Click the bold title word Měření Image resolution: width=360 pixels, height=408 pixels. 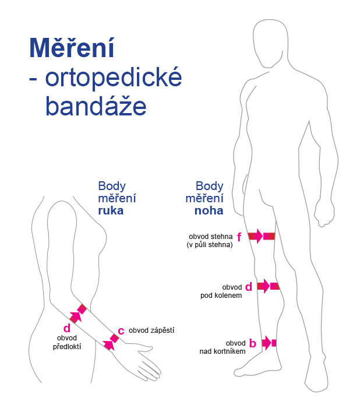point(71,49)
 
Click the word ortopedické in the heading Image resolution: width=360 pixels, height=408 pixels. point(112,80)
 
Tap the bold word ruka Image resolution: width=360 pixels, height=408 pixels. point(111,211)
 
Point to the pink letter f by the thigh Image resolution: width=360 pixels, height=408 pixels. point(239,236)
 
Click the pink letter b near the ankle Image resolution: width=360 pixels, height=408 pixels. point(252,343)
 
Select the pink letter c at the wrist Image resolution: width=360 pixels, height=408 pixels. point(121,330)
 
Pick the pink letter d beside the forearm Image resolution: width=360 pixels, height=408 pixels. point(66,328)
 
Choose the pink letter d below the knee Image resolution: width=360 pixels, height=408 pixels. point(248,287)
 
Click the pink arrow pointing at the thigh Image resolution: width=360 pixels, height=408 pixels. point(256,236)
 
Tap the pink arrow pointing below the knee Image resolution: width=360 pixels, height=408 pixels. point(264,286)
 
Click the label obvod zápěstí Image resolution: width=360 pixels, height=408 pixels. point(151,330)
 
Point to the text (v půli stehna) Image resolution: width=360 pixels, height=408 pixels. point(210,245)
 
